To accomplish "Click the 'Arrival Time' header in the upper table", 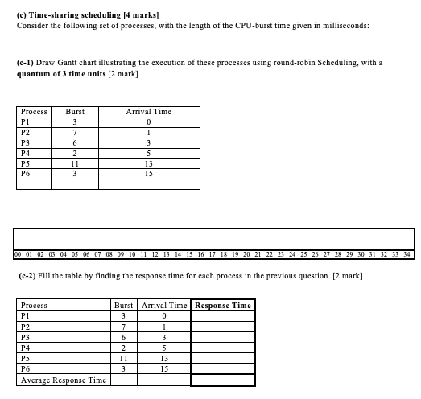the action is click(x=149, y=112).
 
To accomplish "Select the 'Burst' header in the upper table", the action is click(x=76, y=112).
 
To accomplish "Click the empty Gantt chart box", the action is click(x=214, y=239).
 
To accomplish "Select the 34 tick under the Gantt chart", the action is click(x=409, y=255).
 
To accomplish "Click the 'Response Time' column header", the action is click(x=223, y=305).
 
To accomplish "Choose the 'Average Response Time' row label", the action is click(x=64, y=380).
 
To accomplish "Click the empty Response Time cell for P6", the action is click(x=223, y=368).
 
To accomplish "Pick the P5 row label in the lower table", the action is click(x=25, y=358).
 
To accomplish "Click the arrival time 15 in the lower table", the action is click(x=163, y=368).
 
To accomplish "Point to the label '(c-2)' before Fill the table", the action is click(x=28, y=276).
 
